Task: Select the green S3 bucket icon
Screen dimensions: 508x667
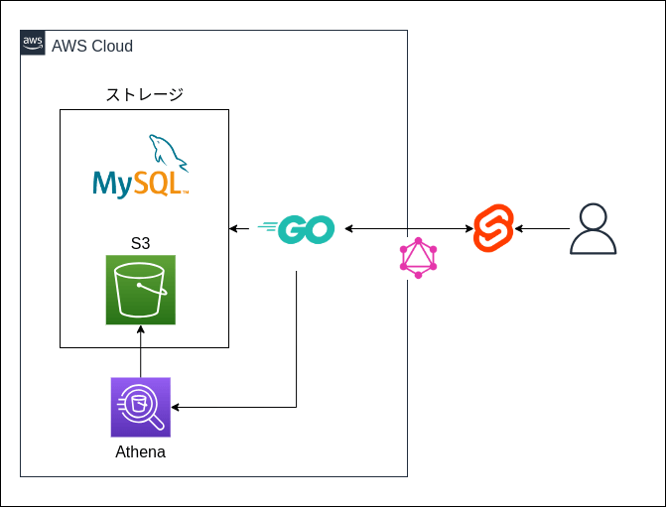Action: (141, 290)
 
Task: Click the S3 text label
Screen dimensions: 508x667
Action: (141, 243)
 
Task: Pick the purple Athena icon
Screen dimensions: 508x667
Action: (141, 407)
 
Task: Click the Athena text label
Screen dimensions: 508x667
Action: (140, 452)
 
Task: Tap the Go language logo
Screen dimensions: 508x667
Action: (297, 229)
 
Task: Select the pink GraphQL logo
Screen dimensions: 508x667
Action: (418, 258)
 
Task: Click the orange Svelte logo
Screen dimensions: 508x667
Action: (493, 229)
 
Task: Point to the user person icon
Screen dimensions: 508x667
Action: (593, 229)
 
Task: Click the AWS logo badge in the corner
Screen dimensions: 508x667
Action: (33, 43)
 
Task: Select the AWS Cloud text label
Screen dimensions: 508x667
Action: (91, 47)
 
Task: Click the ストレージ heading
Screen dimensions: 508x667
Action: (145, 95)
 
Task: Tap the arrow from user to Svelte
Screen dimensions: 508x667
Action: (542, 229)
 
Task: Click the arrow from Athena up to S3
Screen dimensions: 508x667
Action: (141, 352)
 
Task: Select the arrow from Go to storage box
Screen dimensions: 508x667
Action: (239, 229)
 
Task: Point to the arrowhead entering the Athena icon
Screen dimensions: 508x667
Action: (177, 407)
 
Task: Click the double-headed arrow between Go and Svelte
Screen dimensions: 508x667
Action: (409, 229)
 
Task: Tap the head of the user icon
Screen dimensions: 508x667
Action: (593, 216)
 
